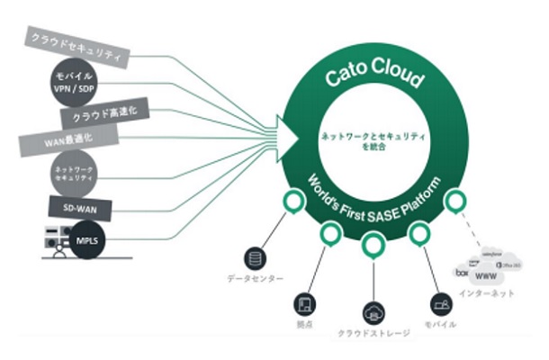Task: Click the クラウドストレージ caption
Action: pyautogui.click(x=373, y=333)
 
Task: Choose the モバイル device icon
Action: pyautogui.click(x=439, y=303)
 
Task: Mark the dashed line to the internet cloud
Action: pyautogui.click(x=469, y=229)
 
